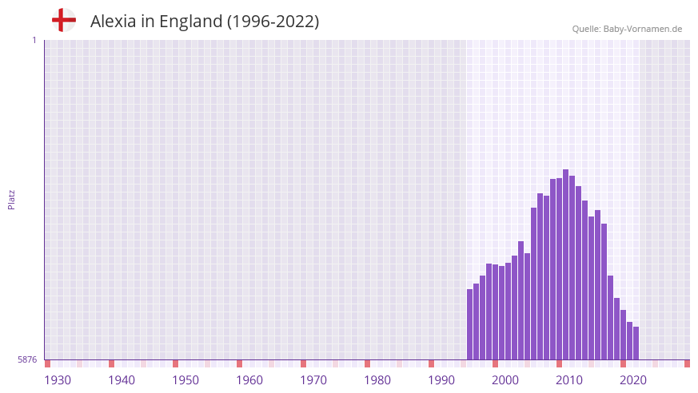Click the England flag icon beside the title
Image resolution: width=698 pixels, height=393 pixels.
[x=64, y=21]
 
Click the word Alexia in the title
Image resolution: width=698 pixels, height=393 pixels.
[x=111, y=22]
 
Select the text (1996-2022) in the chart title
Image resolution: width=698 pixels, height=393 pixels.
[x=273, y=22]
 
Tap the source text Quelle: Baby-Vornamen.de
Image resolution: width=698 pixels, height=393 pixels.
[x=627, y=29]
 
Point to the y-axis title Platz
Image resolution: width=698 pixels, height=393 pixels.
[x=11, y=199]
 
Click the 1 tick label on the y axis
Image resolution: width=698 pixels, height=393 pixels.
[x=34, y=40]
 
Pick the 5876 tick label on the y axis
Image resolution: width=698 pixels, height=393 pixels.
[x=27, y=360]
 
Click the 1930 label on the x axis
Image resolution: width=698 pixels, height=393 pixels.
[x=58, y=379]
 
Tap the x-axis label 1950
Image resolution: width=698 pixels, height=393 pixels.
[x=185, y=379]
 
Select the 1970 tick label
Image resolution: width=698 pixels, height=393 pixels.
[x=313, y=379]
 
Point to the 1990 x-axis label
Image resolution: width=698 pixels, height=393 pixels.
[x=441, y=379]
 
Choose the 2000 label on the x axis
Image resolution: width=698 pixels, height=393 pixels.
[x=505, y=379]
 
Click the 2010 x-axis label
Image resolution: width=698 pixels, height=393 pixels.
[x=569, y=379]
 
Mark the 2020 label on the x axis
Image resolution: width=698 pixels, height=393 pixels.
[x=633, y=379]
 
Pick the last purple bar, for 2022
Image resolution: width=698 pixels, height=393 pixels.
[x=636, y=343]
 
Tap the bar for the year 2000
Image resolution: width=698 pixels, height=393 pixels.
[x=496, y=312]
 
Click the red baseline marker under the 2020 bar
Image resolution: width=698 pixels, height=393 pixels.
[x=623, y=363]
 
